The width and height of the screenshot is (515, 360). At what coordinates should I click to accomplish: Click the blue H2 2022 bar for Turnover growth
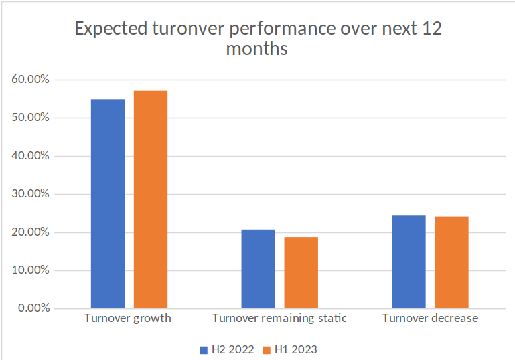(107, 204)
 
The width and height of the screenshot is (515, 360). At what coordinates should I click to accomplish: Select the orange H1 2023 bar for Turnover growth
(150, 199)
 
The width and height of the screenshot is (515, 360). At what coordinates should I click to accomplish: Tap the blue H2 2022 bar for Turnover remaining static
(258, 269)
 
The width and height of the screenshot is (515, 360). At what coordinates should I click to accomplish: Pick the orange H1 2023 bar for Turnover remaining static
(301, 273)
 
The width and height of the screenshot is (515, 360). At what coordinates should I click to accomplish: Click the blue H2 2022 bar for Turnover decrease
(409, 262)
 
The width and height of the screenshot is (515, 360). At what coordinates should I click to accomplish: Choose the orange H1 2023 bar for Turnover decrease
(451, 262)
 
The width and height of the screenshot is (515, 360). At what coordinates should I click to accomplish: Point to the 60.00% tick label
(30, 80)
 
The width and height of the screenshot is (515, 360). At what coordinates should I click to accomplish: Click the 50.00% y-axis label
(30, 118)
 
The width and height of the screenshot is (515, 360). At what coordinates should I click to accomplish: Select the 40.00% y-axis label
(30, 156)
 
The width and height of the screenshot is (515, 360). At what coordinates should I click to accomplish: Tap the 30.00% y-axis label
(30, 194)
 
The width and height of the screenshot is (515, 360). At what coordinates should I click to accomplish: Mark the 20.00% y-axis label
(30, 232)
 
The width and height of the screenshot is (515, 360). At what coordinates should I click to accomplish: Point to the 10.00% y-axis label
(30, 270)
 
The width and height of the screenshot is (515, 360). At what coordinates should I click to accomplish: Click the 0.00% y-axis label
(33, 308)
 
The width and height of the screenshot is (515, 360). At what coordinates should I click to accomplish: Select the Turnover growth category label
(128, 319)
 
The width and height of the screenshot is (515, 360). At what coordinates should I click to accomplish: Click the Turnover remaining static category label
(279, 319)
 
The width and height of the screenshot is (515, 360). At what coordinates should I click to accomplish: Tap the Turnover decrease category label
(430, 319)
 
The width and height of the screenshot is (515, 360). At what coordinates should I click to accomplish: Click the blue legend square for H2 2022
(204, 349)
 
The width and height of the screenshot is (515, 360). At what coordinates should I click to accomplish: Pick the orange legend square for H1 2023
(266, 349)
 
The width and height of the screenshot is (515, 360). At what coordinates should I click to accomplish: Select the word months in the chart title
(257, 50)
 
